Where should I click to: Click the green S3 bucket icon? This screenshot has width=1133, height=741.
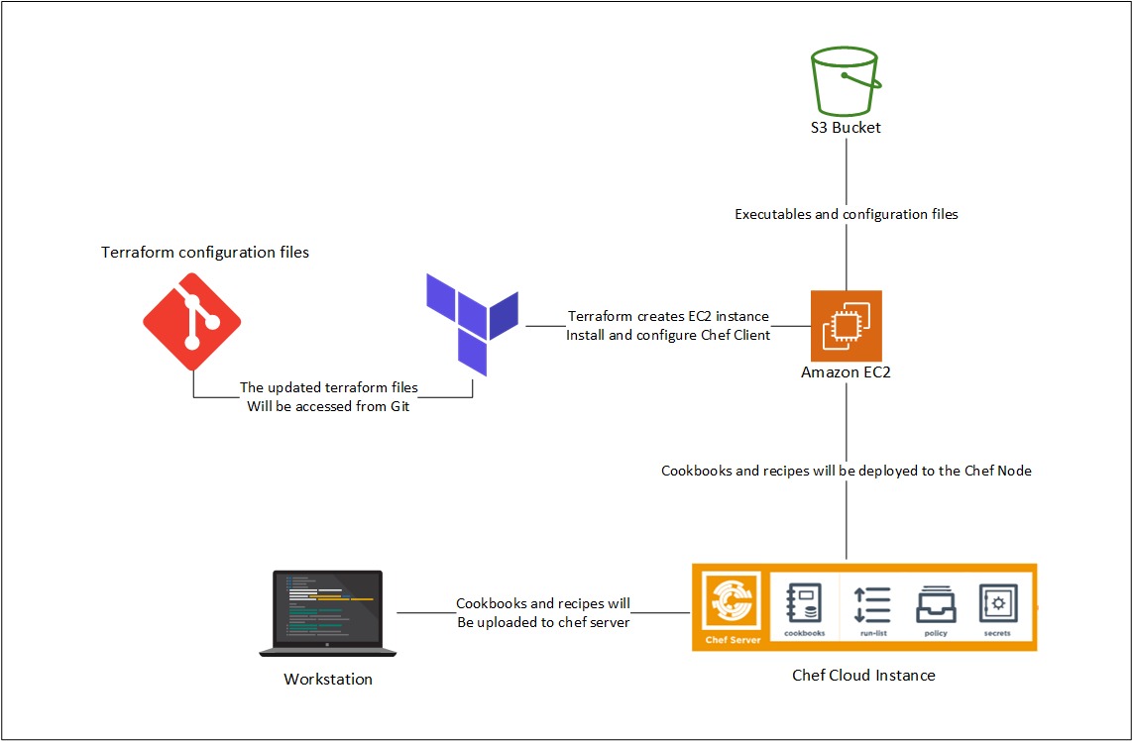(846, 80)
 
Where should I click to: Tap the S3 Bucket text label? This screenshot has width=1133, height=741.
(846, 128)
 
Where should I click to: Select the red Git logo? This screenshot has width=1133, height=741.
(192, 321)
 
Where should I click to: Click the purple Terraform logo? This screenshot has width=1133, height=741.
(473, 324)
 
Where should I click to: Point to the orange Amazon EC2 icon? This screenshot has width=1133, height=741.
(847, 326)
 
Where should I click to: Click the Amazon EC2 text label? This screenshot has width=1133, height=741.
(847, 372)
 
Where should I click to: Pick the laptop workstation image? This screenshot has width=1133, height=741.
(328, 613)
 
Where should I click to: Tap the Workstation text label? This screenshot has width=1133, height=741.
(328, 679)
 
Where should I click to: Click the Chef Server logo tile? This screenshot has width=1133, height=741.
(732, 607)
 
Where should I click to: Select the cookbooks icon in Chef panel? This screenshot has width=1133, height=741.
(804, 609)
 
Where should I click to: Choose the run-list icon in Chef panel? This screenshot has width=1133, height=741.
(872, 609)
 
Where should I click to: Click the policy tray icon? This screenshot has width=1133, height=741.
(936, 609)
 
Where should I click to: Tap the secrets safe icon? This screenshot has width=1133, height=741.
(998, 609)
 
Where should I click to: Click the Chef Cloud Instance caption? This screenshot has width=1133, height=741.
(863, 676)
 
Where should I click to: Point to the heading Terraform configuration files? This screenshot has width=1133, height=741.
(205, 253)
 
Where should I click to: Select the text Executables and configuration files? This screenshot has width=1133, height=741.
(847, 215)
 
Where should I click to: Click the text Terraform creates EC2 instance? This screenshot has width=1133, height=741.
(668, 316)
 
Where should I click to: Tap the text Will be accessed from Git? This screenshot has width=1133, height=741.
(328, 406)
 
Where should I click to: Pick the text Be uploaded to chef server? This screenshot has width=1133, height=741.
(543, 622)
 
